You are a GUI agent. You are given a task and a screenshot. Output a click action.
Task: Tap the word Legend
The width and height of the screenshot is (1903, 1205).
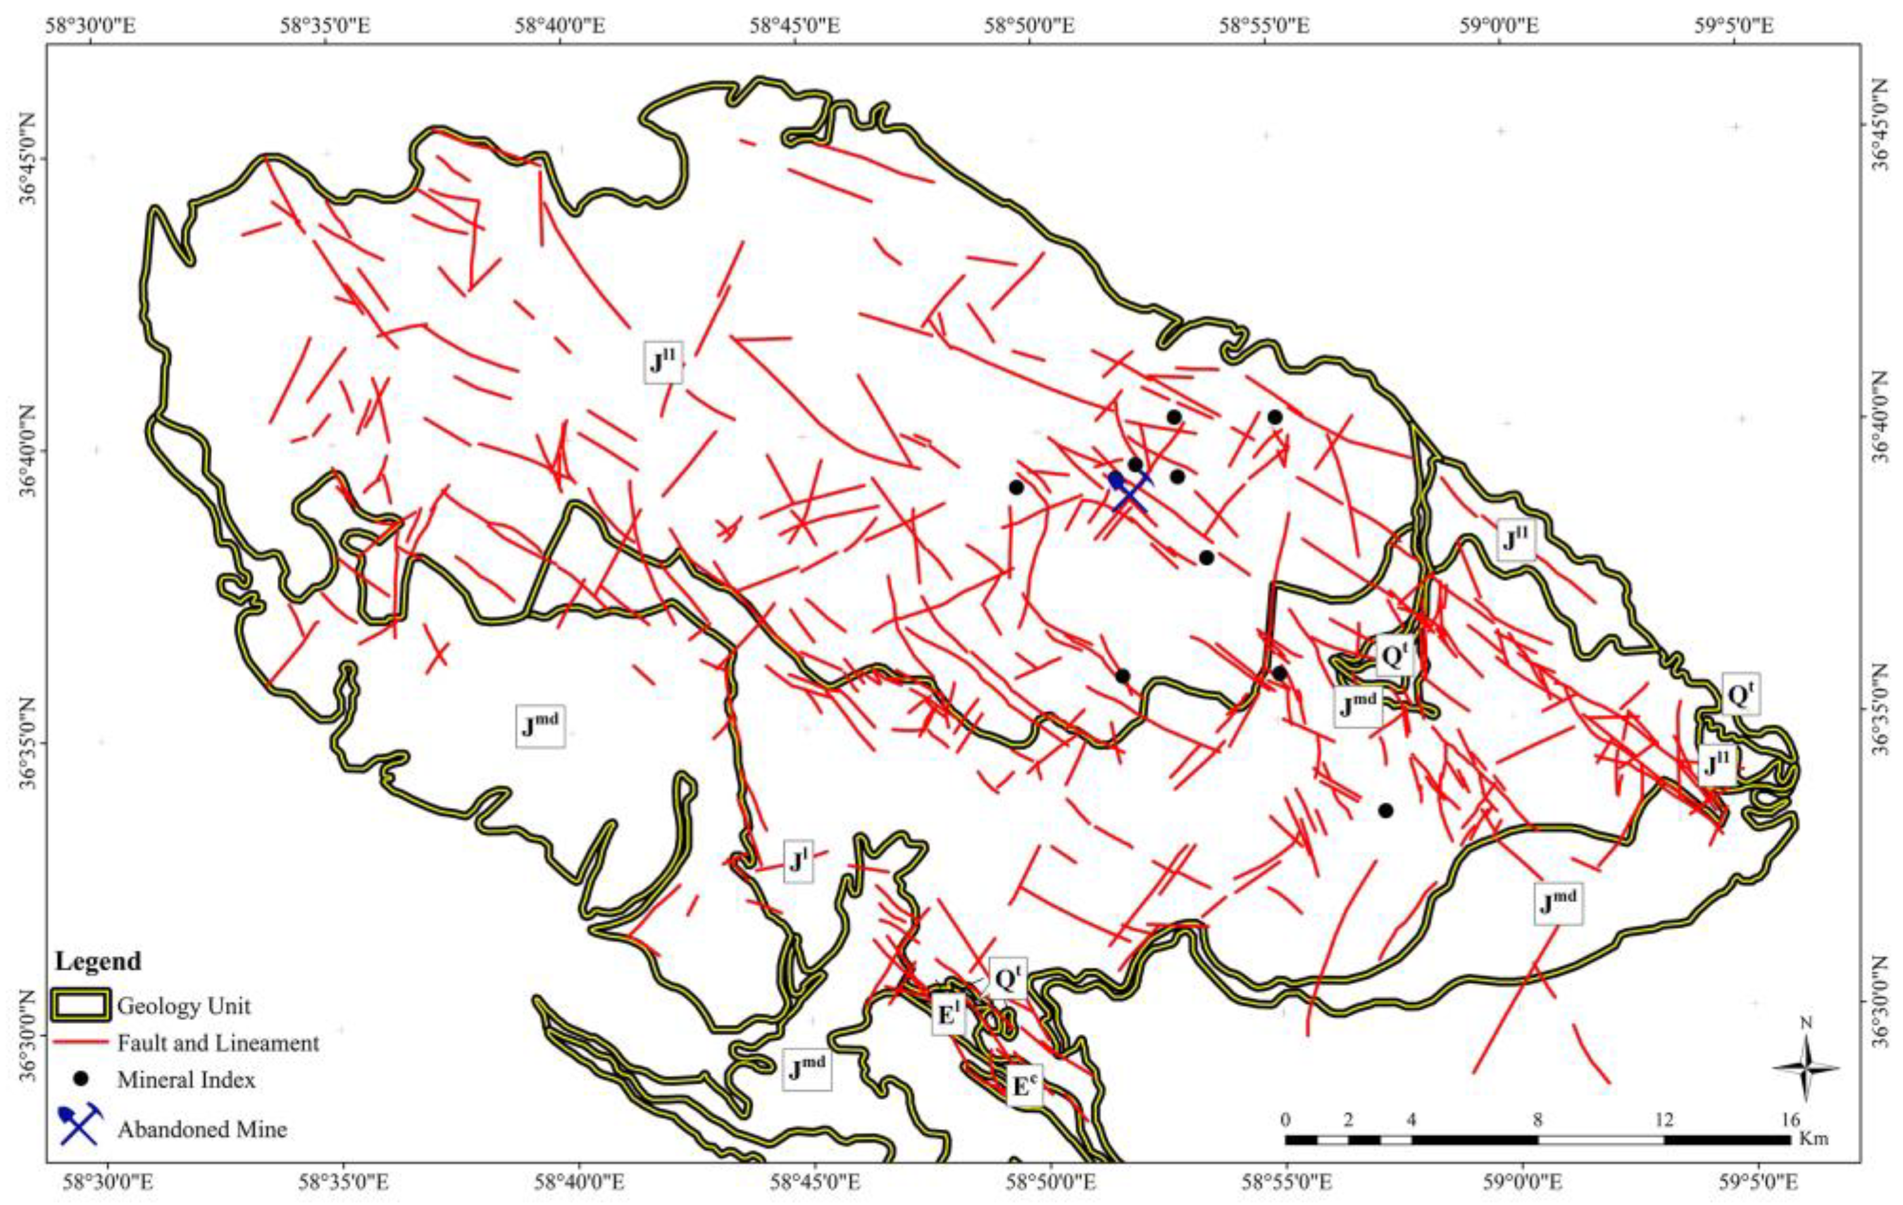click(x=98, y=961)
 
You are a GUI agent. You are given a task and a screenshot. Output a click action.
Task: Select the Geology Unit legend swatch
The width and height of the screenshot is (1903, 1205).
click(x=80, y=1005)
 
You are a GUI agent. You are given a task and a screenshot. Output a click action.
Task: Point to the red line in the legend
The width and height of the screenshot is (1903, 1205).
click(x=80, y=1043)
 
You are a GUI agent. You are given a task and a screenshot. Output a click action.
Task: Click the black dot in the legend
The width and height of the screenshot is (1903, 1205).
click(x=80, y=1078)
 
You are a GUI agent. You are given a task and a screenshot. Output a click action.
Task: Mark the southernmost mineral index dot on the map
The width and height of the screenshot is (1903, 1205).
click(x=1385, y=811)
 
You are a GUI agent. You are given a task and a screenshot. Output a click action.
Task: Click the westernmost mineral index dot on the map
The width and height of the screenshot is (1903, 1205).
click(x=1016, y=487)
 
